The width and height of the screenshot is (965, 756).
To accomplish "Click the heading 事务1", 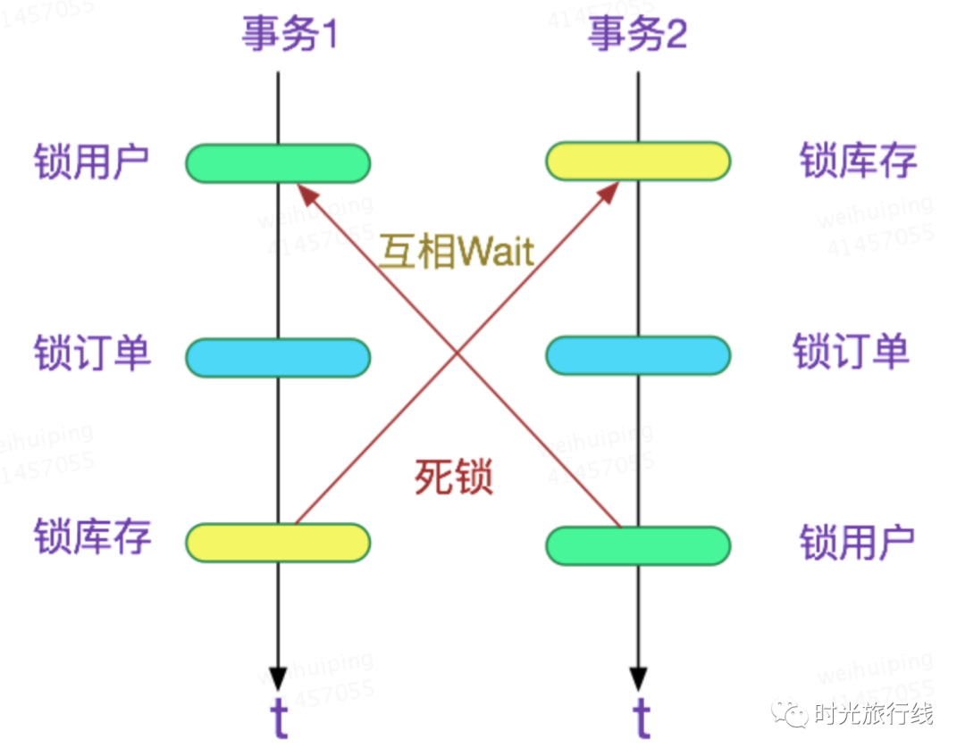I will (x=289, y=35).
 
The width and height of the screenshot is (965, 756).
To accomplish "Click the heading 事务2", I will (x=637, y=35).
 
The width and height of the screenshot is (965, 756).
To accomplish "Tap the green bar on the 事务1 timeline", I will (x=278, y=163).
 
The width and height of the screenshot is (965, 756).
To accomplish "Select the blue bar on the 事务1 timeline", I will (x=278, y=357).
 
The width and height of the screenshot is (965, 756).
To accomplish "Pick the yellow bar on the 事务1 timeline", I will (x=278, y=542).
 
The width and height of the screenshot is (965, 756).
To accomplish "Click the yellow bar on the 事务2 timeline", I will (x=638, y=162).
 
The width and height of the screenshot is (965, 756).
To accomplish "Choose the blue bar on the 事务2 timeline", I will (x=638, y=355).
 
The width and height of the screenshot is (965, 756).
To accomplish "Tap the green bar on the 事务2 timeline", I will (x=638, y=546).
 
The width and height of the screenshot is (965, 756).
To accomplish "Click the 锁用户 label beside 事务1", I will (x=91, y=163).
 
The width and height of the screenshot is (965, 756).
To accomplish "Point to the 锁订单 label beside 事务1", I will (x=91, y=353).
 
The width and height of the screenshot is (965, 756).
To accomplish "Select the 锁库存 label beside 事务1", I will (x=91, y=536).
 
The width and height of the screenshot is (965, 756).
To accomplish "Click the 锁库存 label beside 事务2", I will (x=858, y=162).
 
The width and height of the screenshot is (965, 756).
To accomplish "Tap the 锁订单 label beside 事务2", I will (x=851, y=351).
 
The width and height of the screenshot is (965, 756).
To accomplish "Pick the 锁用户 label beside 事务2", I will (x=858, y=542).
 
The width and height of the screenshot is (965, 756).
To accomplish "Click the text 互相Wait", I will (x=456, y=253).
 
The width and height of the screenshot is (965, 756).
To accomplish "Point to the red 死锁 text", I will (x=454, y=478).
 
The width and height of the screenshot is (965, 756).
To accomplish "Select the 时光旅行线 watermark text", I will (x=873, y=714).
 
